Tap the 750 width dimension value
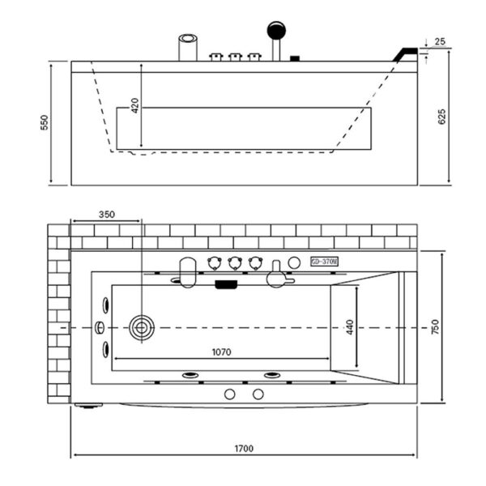click(434, 327)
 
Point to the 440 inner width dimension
click(350, 327)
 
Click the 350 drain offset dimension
click(106, 215)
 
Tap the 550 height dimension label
click(45, 122)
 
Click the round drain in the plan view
click(141, 327)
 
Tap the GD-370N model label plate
click(324, 262)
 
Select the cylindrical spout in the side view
click(188, 45)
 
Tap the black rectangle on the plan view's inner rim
click(224, 283)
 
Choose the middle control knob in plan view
click(236, 262)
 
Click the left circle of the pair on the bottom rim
click(229, 394)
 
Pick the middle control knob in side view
click(236, 56)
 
